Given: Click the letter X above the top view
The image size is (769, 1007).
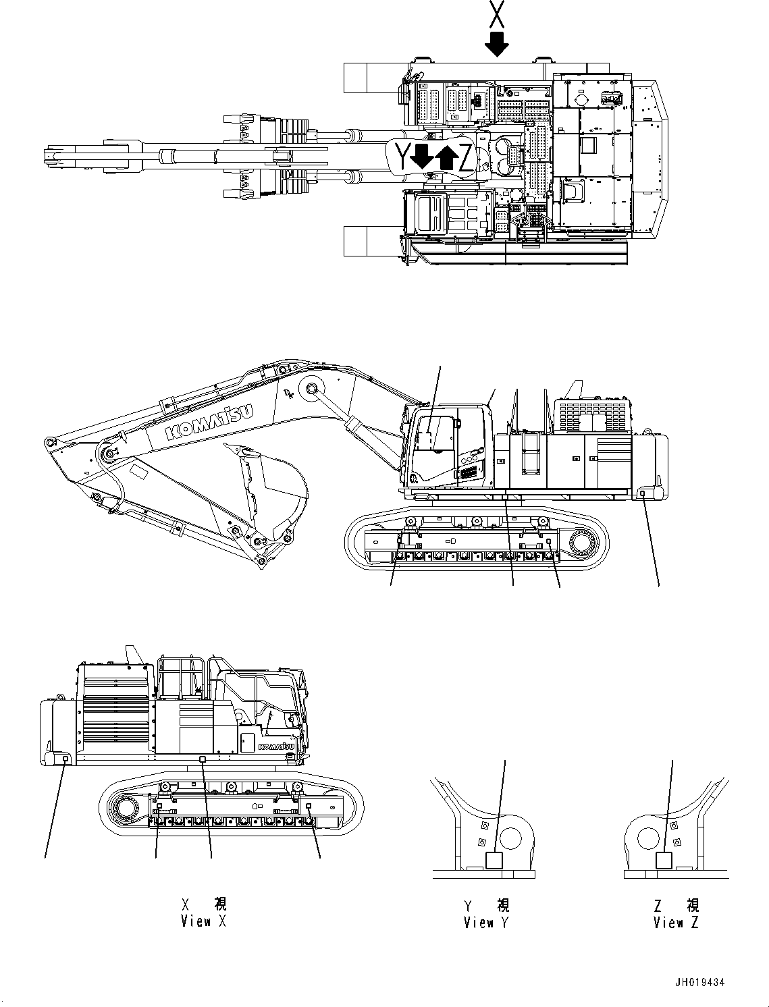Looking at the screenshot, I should pos(496,14).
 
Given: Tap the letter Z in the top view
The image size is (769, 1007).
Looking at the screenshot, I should pos(465,158).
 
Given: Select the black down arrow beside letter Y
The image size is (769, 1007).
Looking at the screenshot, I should pos(422,156).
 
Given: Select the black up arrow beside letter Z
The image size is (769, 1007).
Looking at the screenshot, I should pos(445,157).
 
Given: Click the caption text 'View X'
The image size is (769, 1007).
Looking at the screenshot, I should pos(203,921).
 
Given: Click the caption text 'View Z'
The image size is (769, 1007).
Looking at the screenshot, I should pos(676,923).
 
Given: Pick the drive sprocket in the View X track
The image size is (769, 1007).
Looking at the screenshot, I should pos(128,807).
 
